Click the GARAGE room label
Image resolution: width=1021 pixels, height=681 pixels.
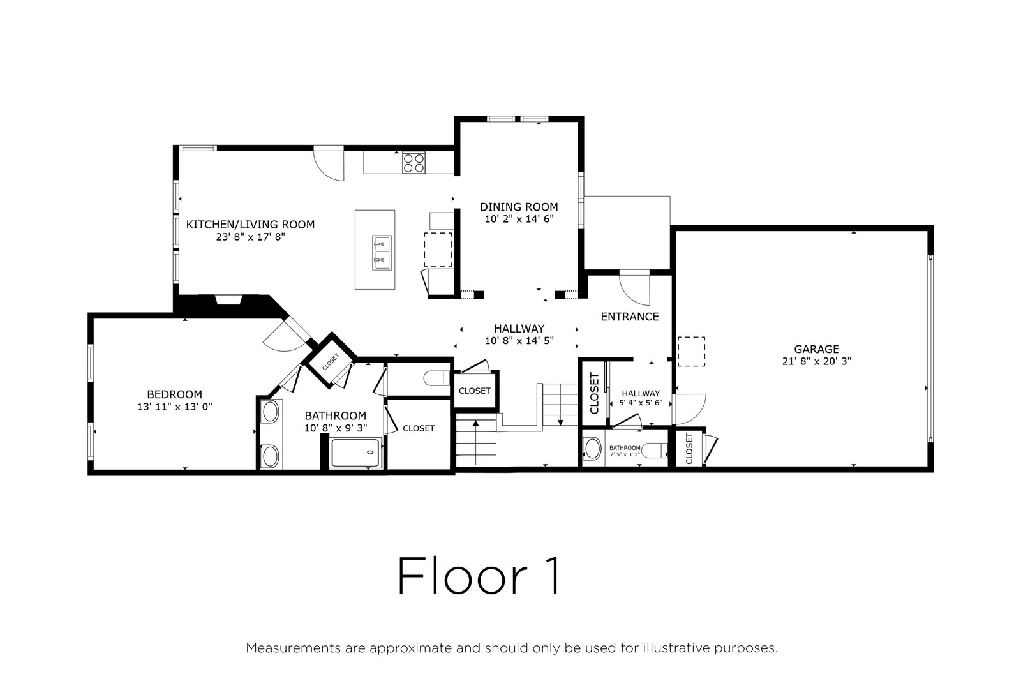tap(816, 349)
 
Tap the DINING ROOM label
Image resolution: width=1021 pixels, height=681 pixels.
tap(519, 207)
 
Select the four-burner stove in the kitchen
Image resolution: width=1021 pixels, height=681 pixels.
tap(414, 163)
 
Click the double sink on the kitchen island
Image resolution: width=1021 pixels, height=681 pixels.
tap(382, 253)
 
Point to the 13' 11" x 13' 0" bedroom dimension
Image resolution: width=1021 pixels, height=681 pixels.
tap(175, 407)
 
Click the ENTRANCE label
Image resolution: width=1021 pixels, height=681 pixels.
tap(629, 317)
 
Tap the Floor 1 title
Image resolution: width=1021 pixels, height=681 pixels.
tap(479, 576)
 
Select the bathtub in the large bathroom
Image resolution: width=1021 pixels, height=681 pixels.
tap(356, 453)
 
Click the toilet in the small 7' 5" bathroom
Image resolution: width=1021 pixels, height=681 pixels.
tap(654, 451)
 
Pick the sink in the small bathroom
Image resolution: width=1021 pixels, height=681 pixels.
tap(593, 449)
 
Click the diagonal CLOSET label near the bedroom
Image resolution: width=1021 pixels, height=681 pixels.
tap(331, 362)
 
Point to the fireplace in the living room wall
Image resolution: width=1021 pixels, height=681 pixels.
tap(228, 299)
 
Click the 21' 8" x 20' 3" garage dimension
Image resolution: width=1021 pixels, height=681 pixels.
tap(816, 361)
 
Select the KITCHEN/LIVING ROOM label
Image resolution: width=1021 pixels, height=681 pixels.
tap(250, 225)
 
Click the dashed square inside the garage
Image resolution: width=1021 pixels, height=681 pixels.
tap(692, 352)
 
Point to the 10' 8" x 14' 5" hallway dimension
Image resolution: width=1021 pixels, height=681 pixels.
tap(519, 341)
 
